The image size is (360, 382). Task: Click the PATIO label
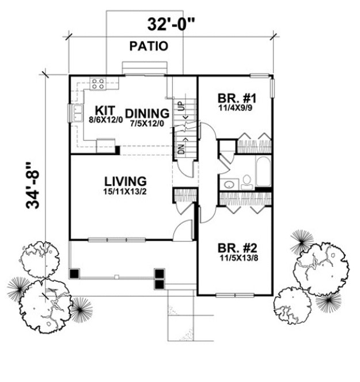pos(149,47)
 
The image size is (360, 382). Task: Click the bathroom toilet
pos(247,180)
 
